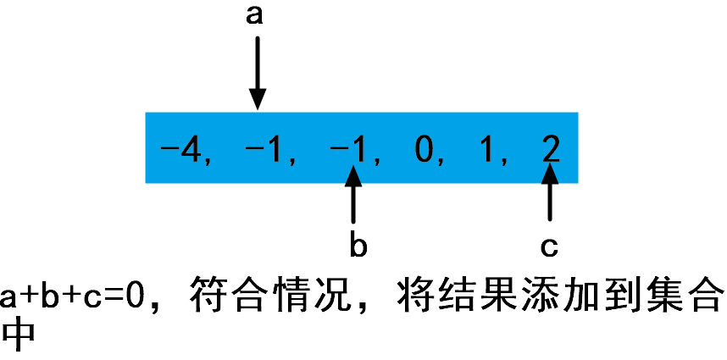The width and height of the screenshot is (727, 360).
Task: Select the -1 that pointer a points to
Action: [x=265, y=152]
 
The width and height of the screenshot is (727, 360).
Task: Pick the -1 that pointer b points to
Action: [x=350, y=152]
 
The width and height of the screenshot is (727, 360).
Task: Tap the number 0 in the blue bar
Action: [x=424, y=152]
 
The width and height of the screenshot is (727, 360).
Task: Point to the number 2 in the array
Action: [x=550, y=152]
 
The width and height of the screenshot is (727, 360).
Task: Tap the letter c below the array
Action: [x=549, y=246]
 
